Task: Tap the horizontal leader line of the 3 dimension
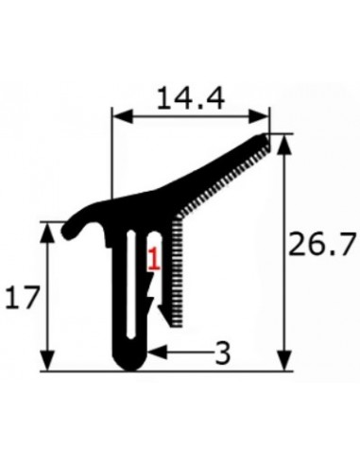pyautogui.click(x=184, y=353)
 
